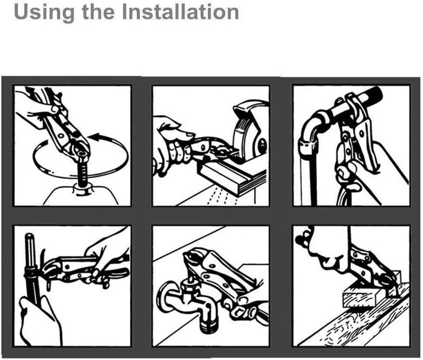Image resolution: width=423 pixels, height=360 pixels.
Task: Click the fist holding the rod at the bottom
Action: pyautogui.click(x=41, y=321)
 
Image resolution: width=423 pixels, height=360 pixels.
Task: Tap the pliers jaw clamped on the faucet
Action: pyautogui.click(x=193, y=259)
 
